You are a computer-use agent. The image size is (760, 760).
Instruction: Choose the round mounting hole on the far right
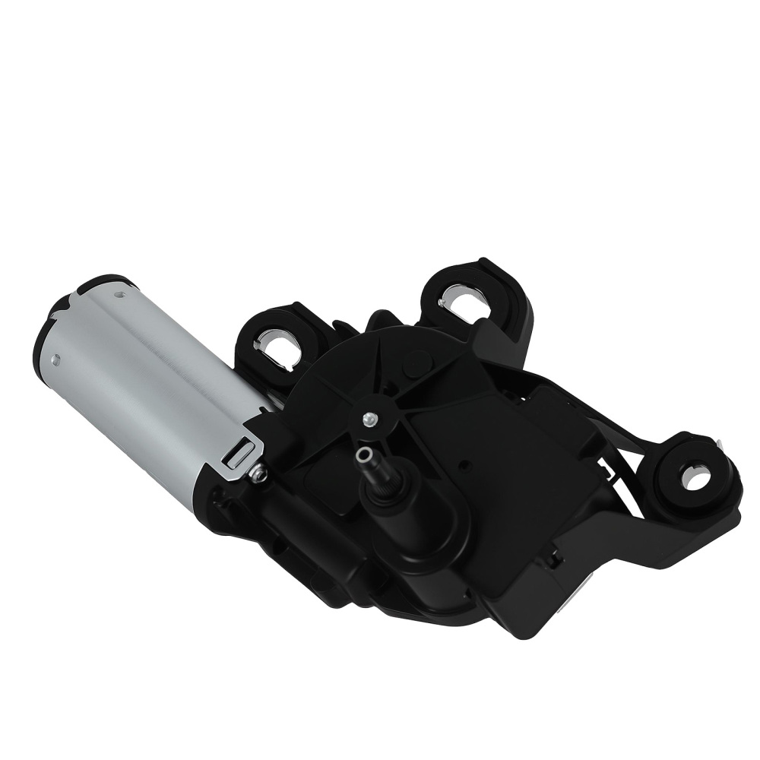694,476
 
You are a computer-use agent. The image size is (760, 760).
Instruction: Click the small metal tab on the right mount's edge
718,440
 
